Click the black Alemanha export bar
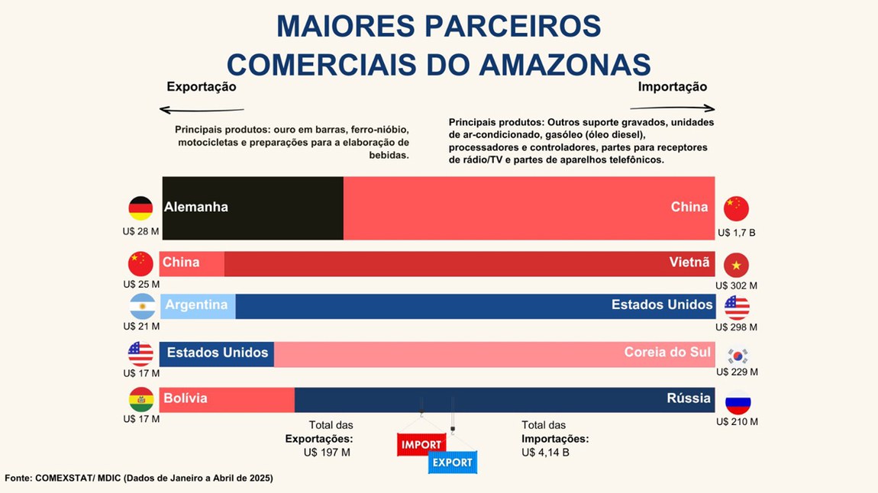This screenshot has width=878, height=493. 253,208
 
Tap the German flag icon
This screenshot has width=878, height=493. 140,208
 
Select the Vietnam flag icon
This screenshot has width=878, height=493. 736,265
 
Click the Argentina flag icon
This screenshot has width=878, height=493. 142,306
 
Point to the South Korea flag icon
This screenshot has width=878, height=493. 738,356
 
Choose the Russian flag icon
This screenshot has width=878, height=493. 738,402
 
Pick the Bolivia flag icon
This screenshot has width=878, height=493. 141,399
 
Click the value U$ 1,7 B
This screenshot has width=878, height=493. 736,232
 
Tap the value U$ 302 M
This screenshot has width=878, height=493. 736,285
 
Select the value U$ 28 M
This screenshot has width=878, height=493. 140,231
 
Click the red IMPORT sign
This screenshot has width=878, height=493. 421,444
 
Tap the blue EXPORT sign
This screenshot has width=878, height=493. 452,462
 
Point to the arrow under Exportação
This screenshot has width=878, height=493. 202,110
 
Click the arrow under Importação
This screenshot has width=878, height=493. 676,108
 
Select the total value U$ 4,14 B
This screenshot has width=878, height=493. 545,453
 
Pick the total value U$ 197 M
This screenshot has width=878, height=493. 327,453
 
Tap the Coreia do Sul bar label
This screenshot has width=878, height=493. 667,352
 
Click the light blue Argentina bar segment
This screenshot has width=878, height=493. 198,306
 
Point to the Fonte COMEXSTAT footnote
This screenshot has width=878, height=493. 138,478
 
